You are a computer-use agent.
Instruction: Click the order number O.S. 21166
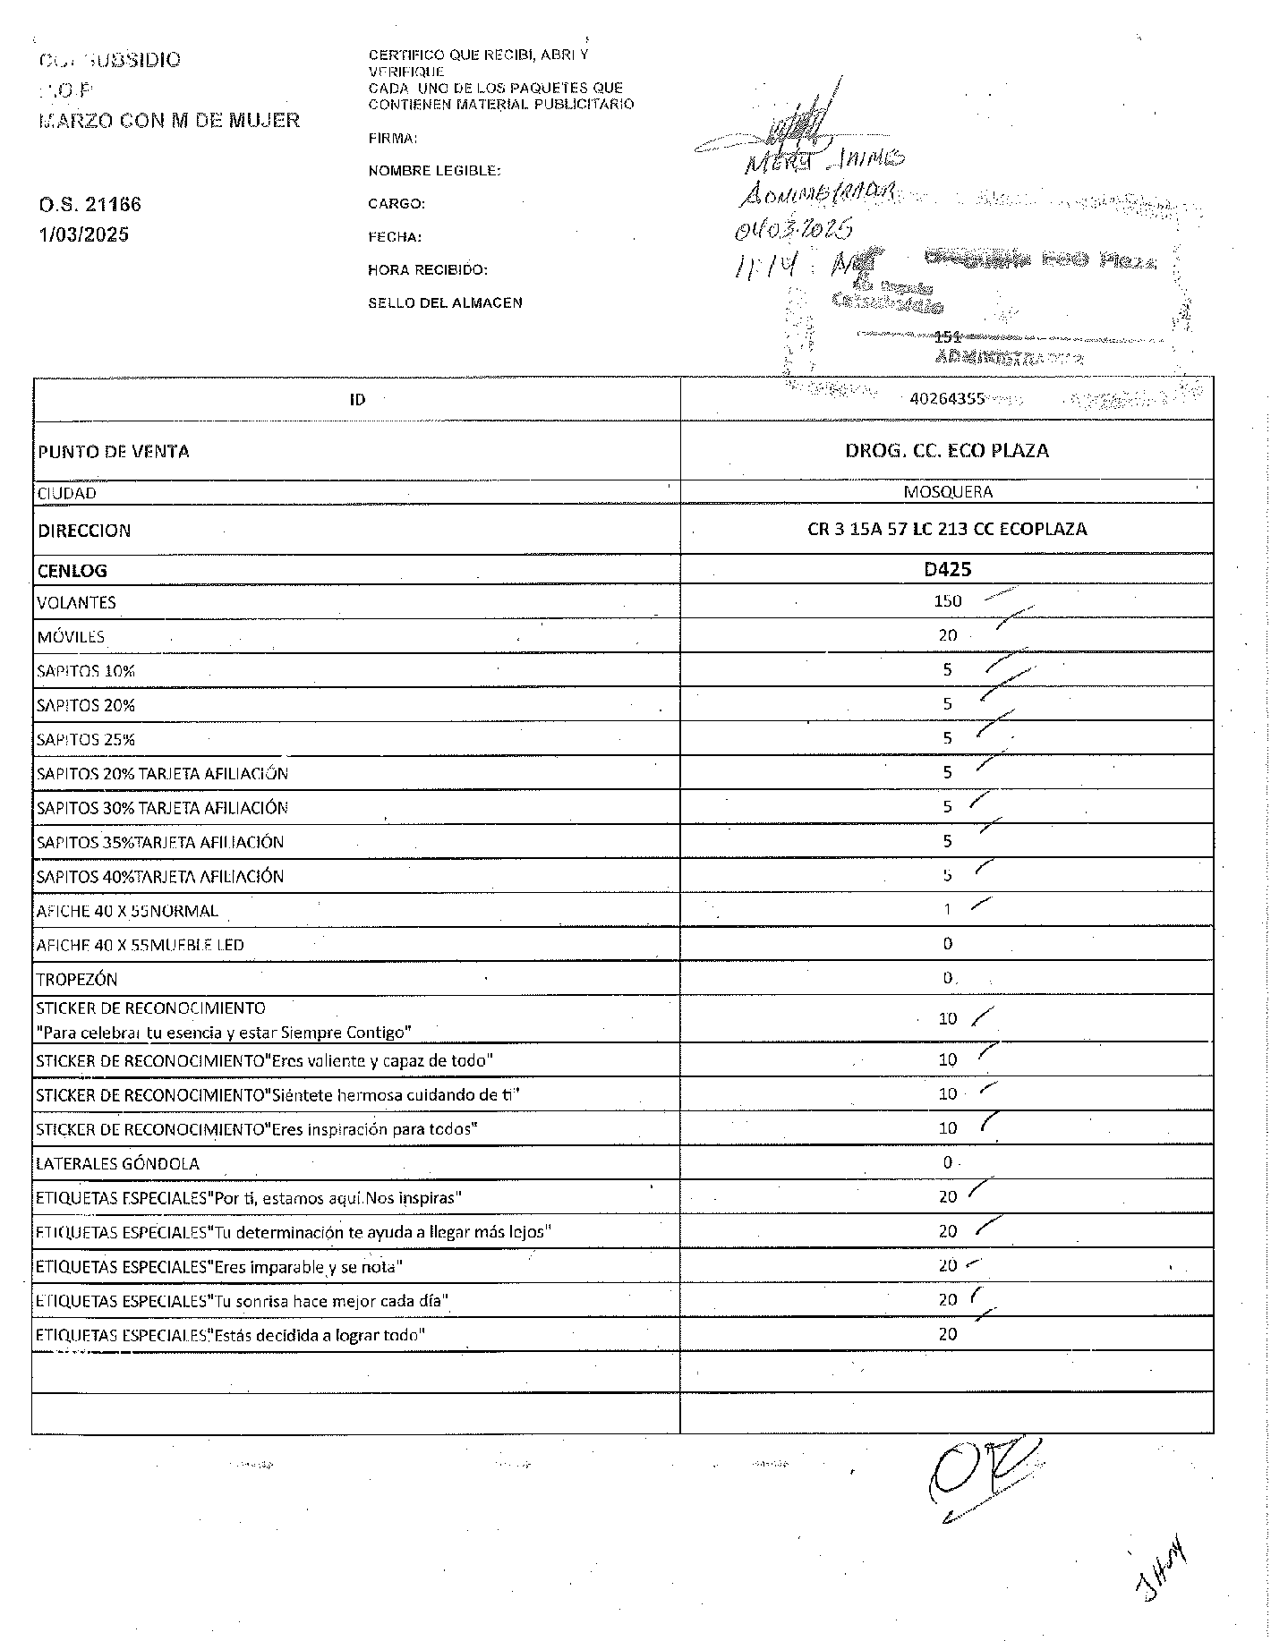tap(90, 204)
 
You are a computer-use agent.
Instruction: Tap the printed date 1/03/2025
tap(83, 234)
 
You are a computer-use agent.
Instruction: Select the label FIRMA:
tap(393, 139)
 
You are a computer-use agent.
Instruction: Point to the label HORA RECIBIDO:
tap(428, 269)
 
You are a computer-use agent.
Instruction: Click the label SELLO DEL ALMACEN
tap(445, 302)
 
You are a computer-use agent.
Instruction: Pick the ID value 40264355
tap(947, 399)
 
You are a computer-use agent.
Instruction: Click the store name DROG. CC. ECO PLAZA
tap(947, 450)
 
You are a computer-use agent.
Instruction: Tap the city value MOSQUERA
tap(948, 492)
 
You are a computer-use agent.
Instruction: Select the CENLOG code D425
tap(948, 569)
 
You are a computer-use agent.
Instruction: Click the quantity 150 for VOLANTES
tap(948, 601)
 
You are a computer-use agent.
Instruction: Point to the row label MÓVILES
tap(71, 637)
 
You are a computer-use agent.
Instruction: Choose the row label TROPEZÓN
tap(77, 979)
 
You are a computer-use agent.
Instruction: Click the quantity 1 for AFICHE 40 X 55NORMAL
tap(948, 909)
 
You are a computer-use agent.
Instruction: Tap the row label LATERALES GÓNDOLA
tap(117, 1163)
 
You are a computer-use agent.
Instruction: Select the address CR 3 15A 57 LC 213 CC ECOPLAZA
tap(947, 529)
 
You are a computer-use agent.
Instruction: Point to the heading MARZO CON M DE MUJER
tap(169, 120)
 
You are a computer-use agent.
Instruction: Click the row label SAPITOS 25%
tap(86, 740)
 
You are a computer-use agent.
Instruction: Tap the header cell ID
tap(357, 399)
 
